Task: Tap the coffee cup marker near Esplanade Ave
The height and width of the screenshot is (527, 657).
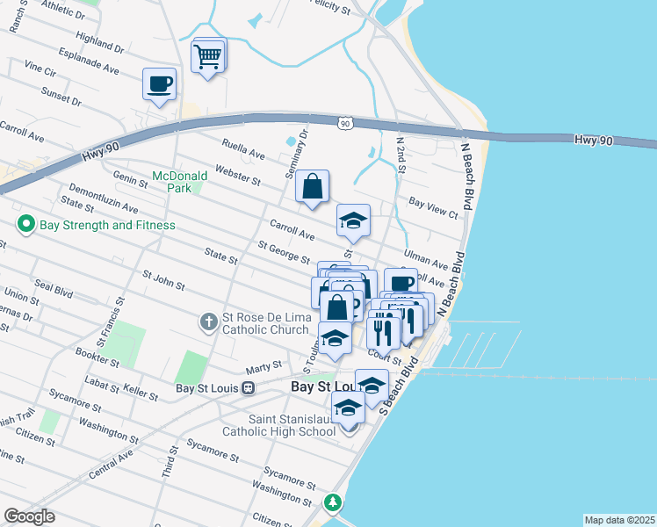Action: tap(159, 85)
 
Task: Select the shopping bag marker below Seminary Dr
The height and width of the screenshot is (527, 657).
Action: tap(312, 188)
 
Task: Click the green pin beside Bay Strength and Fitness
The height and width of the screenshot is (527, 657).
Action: tap(25, 225)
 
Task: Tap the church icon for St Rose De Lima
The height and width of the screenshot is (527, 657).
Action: tap(209, 321)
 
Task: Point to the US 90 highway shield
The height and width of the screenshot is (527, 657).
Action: tap(344, 125)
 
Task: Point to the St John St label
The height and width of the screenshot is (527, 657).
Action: tap(163, 280)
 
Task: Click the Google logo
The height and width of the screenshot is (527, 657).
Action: tap(29, 516)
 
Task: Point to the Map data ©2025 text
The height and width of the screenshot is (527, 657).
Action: tap(618, 520)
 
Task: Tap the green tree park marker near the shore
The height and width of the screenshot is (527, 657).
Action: tap(333, 502)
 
